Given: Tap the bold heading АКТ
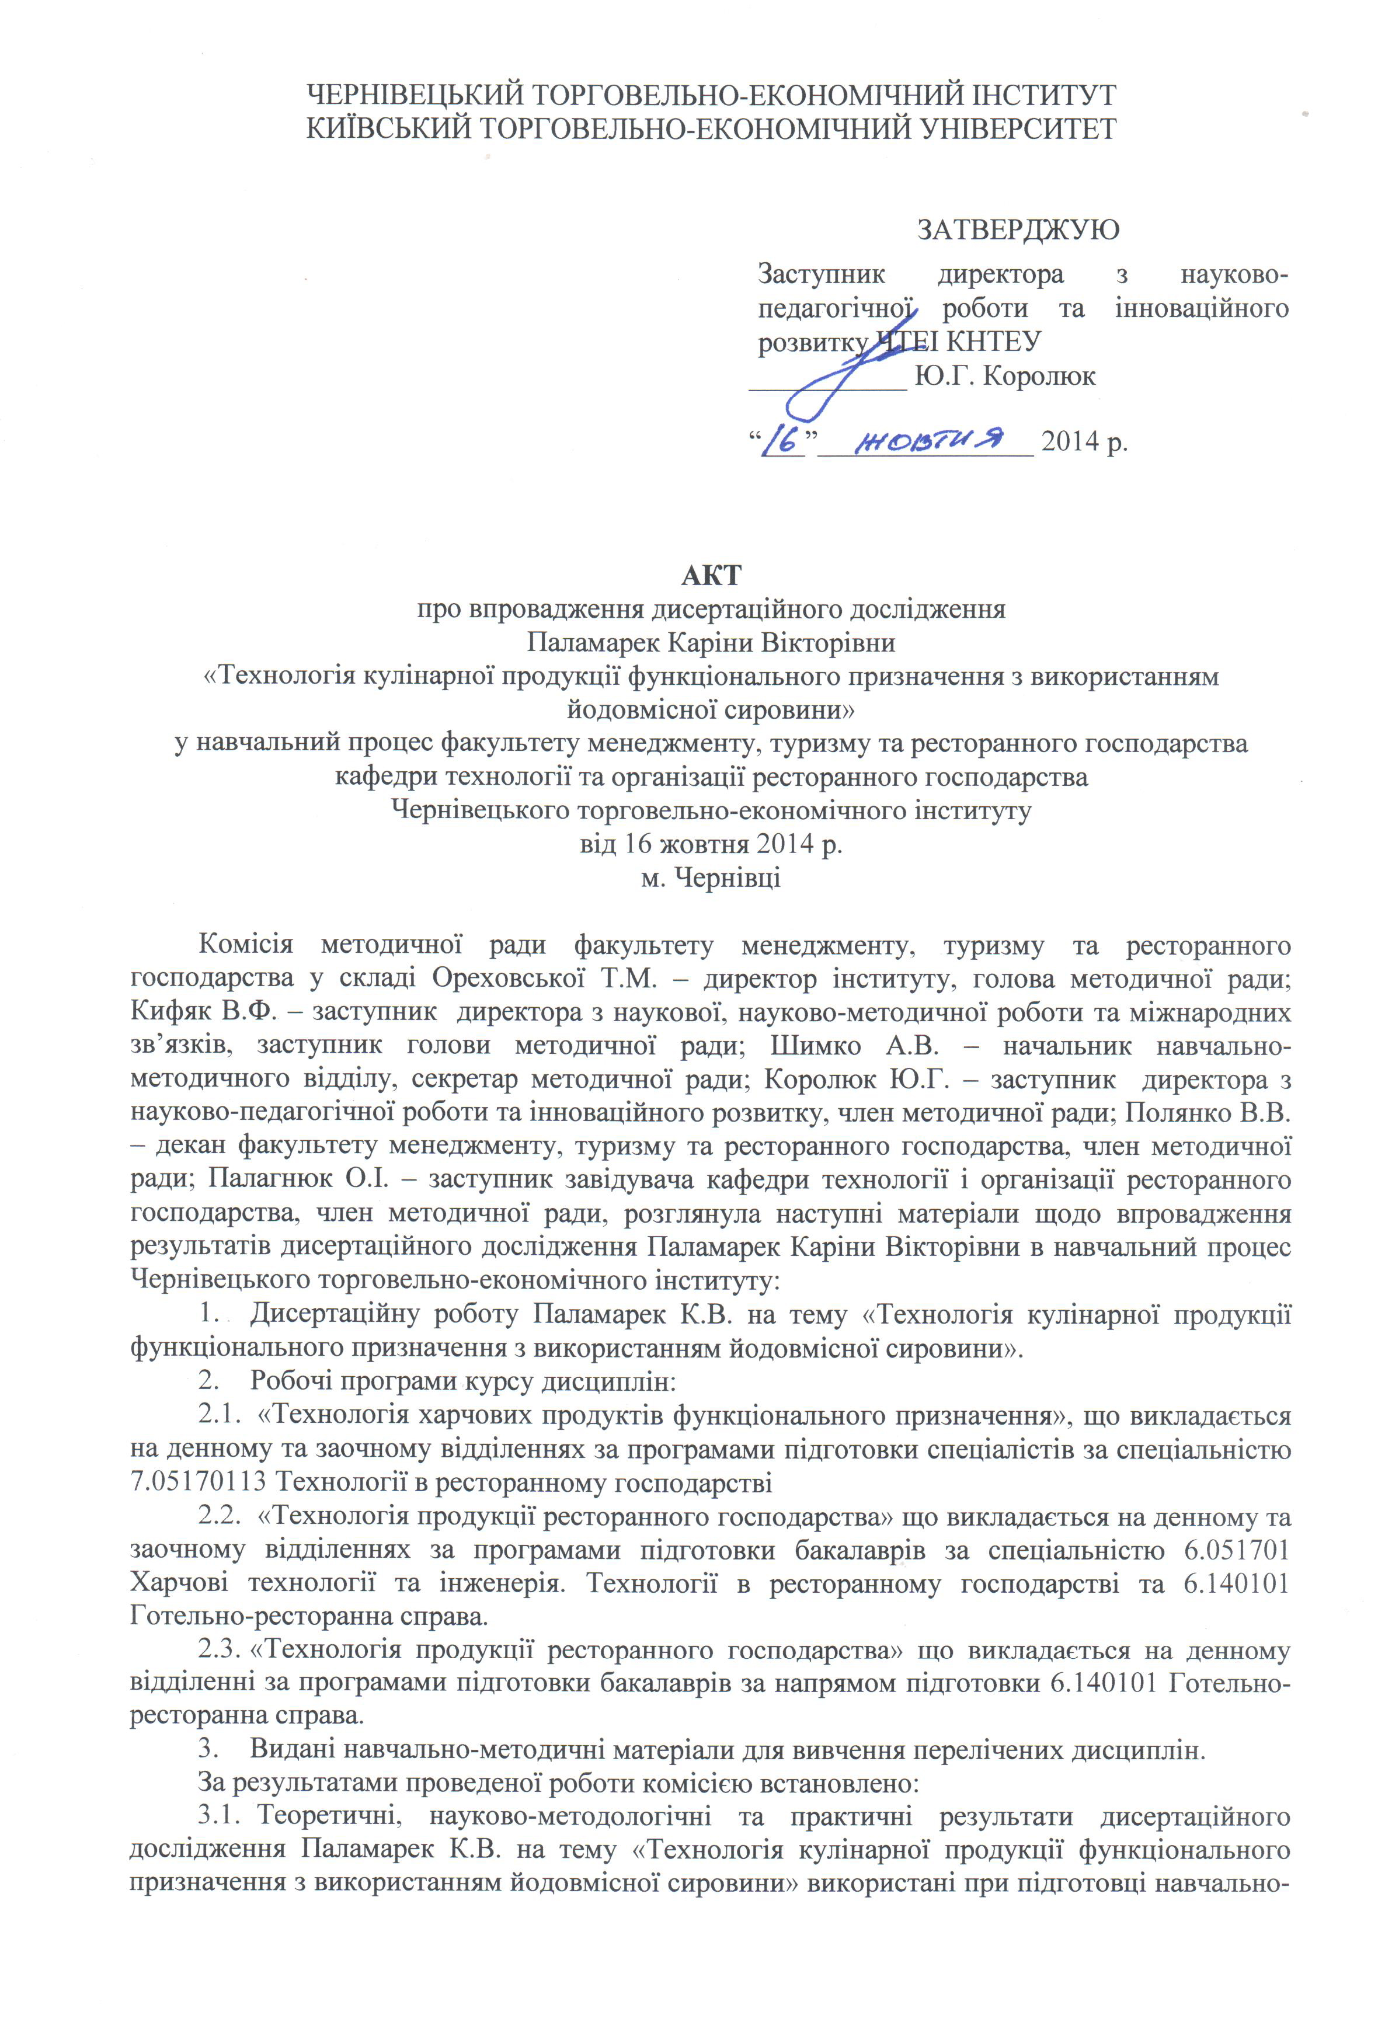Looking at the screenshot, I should click(711, 575).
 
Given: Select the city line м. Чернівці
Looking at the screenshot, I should click(711, 877).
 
